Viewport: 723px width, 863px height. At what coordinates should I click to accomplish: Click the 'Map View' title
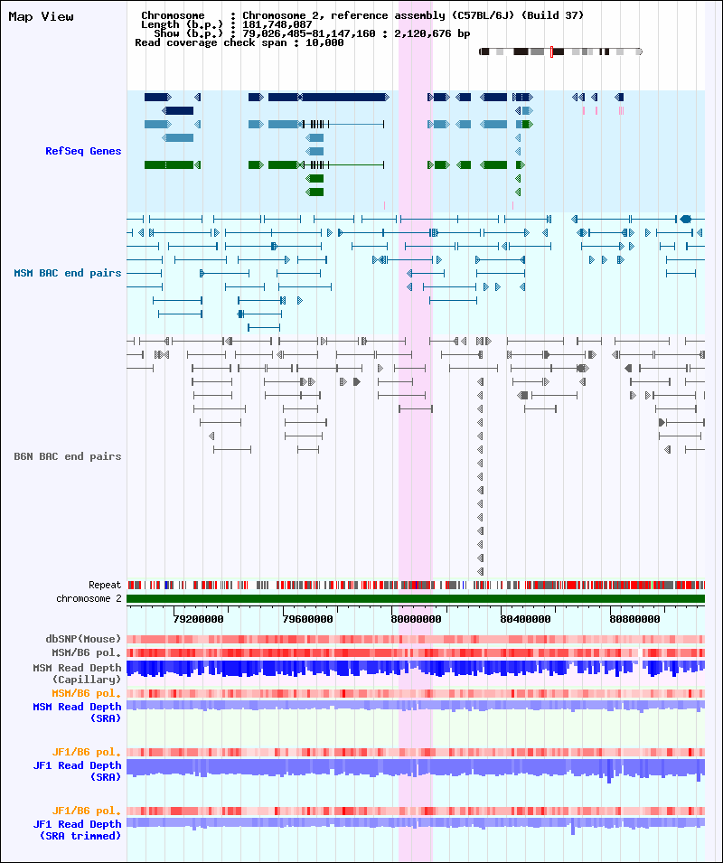42,16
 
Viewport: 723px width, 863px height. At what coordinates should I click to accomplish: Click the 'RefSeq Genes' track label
83,151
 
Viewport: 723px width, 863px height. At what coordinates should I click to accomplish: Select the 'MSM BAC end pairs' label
68,273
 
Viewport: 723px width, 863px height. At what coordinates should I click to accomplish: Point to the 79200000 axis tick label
198,619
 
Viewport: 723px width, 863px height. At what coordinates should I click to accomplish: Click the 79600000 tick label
307,619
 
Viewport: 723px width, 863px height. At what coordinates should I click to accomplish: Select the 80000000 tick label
417,619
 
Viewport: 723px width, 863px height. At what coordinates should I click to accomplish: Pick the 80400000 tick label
525,619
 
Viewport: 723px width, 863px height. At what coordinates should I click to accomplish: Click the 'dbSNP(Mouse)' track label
86,639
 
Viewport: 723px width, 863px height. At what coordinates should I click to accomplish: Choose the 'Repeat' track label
105,585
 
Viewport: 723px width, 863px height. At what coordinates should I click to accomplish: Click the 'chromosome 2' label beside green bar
89,598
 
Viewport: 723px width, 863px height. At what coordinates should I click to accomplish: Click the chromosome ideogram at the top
560,52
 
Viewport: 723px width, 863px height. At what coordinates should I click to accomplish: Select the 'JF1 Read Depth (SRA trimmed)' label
77,830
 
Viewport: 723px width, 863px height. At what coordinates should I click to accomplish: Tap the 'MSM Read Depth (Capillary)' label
77,673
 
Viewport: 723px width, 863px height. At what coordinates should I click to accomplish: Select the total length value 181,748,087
277,24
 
